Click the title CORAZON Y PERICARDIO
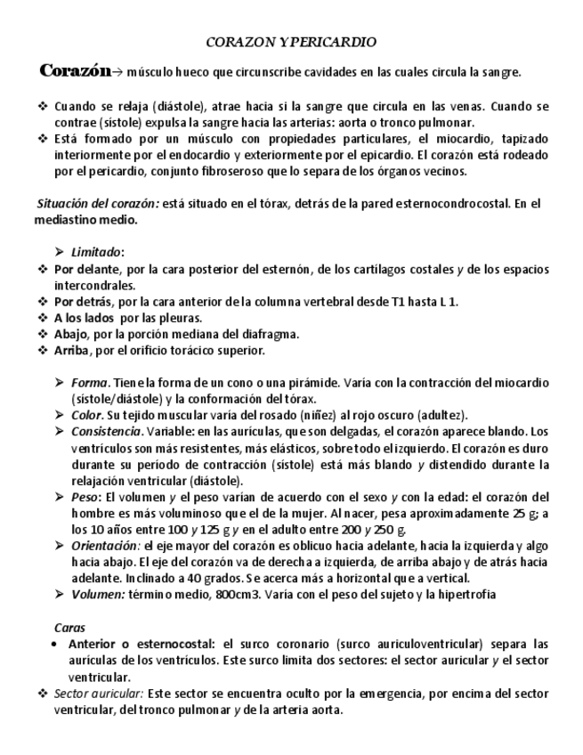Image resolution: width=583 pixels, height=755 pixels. pos(291,42)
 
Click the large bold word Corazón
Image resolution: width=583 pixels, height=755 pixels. pos(74,70)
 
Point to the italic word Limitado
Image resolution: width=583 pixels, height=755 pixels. pos(97,252)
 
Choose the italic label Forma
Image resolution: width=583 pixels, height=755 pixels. pos(88,383)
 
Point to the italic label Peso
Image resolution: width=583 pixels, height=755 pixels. pos(86,497)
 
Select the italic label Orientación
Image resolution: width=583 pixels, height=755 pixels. pos(105,546)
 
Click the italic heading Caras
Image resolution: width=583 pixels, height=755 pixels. pos(70,627)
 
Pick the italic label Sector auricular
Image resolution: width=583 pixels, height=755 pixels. pos(99,693)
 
